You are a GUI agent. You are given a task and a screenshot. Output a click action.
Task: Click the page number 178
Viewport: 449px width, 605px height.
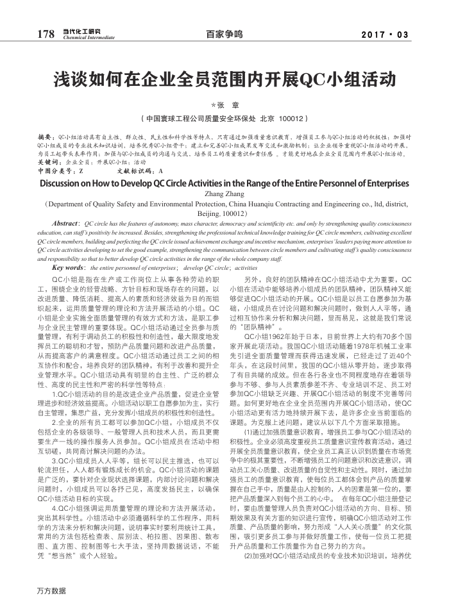click(46, 34)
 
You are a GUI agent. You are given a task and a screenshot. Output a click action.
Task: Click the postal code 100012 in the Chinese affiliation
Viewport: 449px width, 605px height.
click(292, 119)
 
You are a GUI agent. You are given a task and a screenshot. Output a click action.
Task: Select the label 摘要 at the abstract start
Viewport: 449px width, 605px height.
click(46, 137)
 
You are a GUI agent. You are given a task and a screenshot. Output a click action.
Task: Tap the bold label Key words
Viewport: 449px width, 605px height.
click(69, 267)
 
